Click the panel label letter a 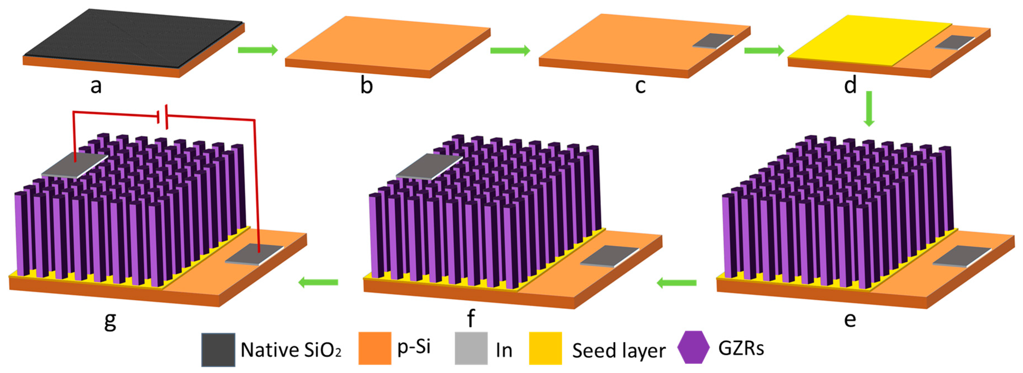click(96, 86)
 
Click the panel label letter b click(367, 86)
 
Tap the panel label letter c click(640, 86)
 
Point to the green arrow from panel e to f click(676, 283)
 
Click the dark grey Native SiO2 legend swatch click(218, 349)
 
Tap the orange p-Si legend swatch click(375, 348)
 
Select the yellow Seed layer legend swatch click(545, 348)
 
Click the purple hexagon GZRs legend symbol click(693, 347)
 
